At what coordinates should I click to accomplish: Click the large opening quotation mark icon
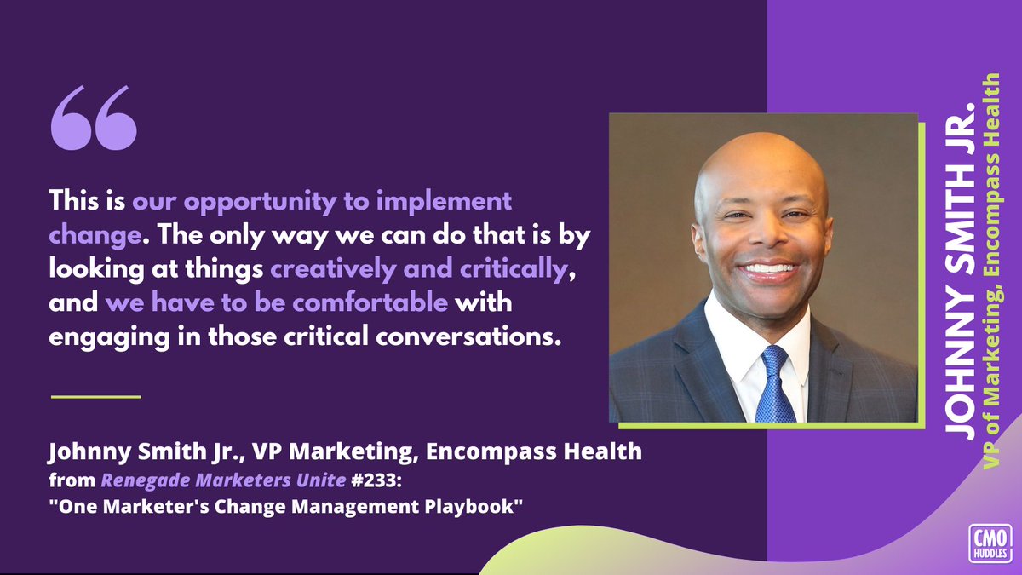pyautogui.click(x=94, y=118)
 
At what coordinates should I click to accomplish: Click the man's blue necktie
pyautogui.click(x=776, y=385)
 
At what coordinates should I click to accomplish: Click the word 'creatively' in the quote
pyautogui.click(x=320, y=268)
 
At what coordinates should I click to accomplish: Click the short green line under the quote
pyautogui.click(x=95, y=396)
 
